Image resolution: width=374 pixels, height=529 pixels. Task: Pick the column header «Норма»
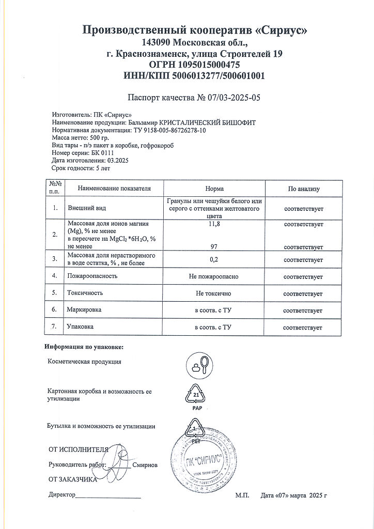coord(214,189)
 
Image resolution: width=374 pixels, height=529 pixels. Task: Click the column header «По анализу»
coord(303,189)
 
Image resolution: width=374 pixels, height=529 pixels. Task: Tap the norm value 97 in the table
coord(214,247)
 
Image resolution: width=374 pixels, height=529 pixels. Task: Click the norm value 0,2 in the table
coord(214,259)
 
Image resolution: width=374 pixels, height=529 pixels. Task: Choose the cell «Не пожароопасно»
coord(214,276)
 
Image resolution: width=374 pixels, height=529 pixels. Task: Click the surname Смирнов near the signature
coord(145,465)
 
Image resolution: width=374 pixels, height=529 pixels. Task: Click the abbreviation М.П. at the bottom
coord(242,495)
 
